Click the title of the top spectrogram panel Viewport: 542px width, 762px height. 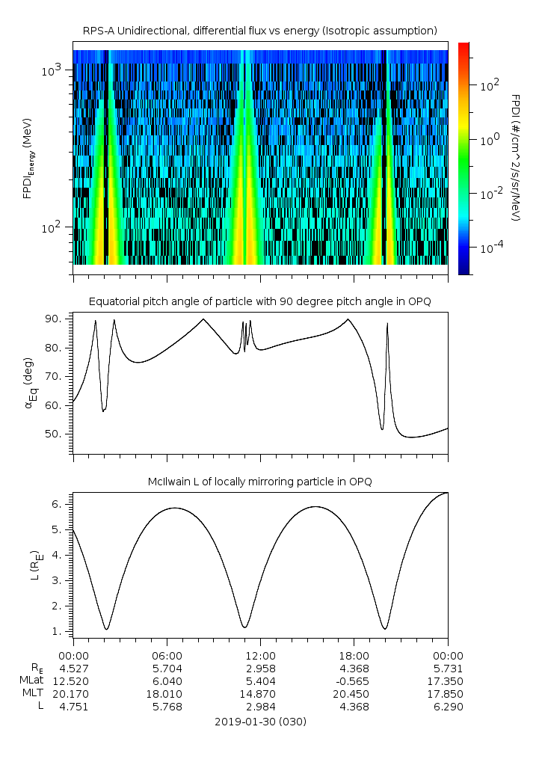[x=260, y=31]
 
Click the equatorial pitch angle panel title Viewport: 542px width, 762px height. [x=260, y=301]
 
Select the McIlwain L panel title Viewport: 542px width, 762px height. [x=260, y=481]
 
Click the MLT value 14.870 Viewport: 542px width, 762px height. [x=260, y=693]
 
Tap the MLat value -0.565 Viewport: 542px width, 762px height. [x=353, y=680]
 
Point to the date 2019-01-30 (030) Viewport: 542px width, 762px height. [x=260, y=722]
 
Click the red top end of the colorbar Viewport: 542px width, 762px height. [x=464, y=46]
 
